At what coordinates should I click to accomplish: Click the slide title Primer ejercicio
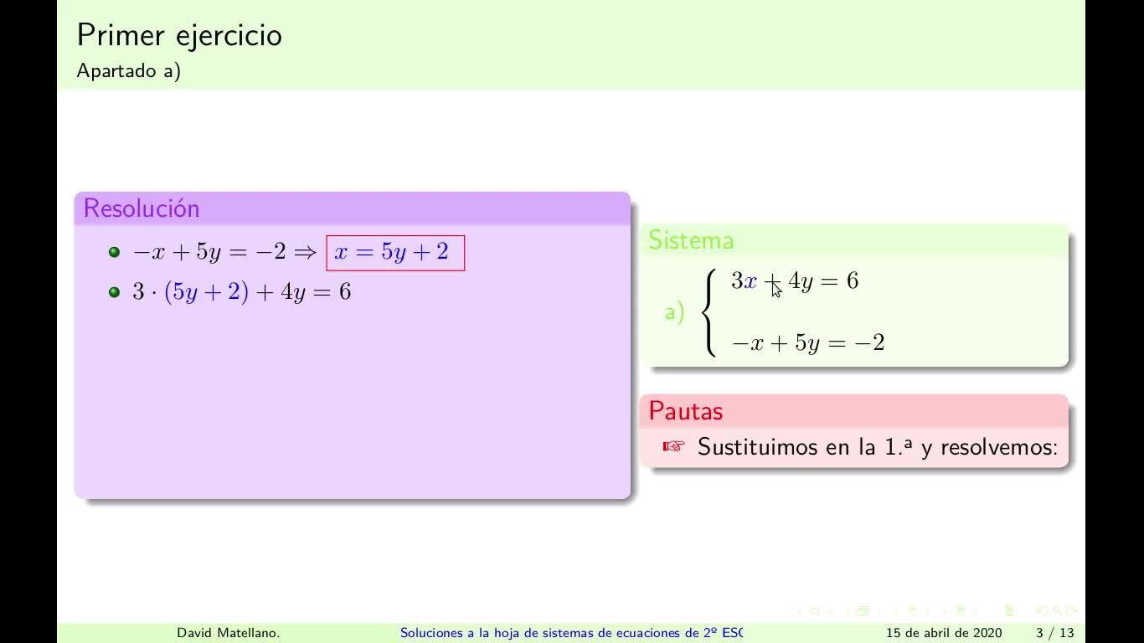point(179,36)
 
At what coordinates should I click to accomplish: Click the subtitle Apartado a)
point(129,70)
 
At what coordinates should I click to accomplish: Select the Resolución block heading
point(142,208)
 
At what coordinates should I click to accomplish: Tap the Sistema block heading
point(691,240)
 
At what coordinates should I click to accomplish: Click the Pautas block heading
point(686,410)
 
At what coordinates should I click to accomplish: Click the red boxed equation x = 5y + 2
point(395,253)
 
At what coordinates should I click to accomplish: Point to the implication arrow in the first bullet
point(306,252)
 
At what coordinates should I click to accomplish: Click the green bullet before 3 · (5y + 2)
point(114,292)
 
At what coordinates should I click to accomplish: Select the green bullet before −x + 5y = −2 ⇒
point(114,252)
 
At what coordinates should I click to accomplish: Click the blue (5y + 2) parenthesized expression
point(206,292)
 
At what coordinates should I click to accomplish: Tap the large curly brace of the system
point(709,312)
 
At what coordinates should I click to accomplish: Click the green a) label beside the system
point(674,312)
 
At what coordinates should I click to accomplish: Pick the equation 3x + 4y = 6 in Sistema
point(795,281)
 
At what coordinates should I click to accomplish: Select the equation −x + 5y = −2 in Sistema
point(808,342)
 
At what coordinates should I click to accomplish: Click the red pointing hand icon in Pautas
point(673,446)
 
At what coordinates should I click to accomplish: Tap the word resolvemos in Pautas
point(996,447)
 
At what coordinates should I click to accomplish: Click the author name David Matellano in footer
point(228,633)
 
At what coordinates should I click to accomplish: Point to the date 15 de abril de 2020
point(944,633)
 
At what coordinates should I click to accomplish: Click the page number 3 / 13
point(1055,633)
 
